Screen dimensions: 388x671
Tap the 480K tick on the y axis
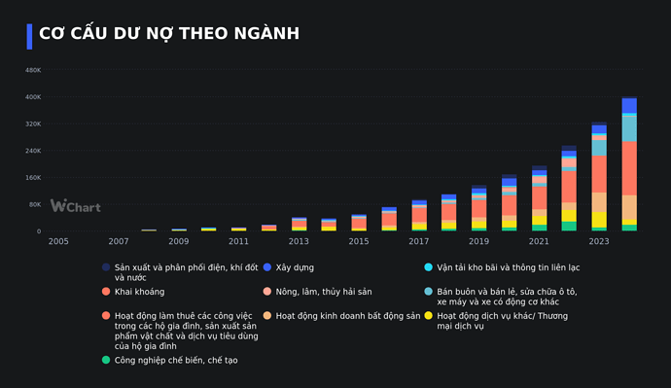tap(32, 70)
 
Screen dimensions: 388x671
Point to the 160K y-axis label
tap(32, 178)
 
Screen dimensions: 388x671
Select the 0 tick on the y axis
tap(38, 231)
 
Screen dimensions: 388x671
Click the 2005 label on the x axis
tap(58, 241)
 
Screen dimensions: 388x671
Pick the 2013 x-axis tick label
tap(299, 241)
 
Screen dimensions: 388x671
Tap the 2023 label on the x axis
tap(599, 241)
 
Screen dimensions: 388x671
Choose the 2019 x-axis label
tap(478, 241)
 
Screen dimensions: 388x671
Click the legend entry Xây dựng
tap(294, 266)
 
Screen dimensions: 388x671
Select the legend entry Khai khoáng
tap(139, 291)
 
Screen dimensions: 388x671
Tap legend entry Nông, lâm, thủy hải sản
tap(332, 291)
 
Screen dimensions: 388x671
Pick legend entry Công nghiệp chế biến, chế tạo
tap(175, 360)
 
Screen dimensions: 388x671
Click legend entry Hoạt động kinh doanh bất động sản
tap(347, 315)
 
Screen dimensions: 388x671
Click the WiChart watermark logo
tap(75, 206)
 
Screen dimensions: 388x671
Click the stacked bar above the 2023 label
tap(599, 176)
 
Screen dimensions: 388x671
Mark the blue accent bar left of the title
tap(29, 36)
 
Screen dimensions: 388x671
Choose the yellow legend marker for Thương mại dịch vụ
tap(428, 316)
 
